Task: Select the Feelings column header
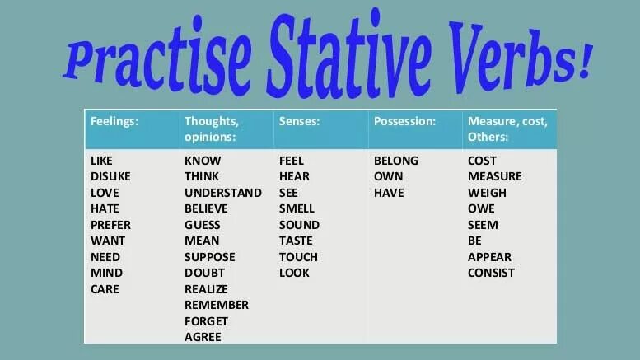(114, 120)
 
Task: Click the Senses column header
(299, 120)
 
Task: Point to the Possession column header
(404, 120)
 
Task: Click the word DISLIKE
(110, 176)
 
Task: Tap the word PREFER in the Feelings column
(110, 224)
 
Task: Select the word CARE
(105, 288)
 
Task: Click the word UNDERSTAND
(222, 193)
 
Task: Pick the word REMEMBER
(217, 305)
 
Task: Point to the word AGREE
(203, 337)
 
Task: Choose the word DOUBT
(204, 273)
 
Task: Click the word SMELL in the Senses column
(297, 208)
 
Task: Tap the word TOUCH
(298, 256)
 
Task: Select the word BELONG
(396, 161)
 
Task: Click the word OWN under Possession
(388, 176)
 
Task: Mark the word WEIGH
(487, 193)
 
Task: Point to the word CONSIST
(491, 273)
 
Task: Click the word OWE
(481, 208)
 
